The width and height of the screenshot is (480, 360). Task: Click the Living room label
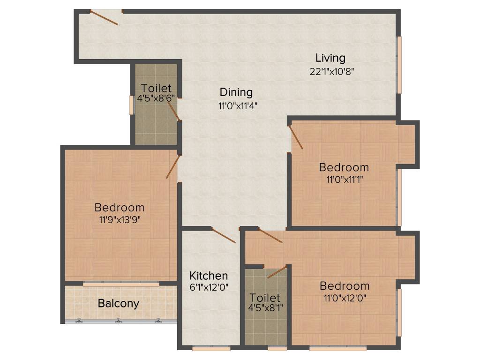tap(330, 58)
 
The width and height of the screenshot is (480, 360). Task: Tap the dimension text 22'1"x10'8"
tap(330, 72)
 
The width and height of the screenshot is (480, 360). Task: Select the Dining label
tap(236, 92)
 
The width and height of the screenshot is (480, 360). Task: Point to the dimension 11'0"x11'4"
tap(238, 105)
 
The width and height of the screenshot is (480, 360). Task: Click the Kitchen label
tap(209, 276)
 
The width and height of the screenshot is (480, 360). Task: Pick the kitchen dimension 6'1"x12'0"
tap(209, 287)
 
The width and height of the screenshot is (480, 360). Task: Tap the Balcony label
tap(119, 303)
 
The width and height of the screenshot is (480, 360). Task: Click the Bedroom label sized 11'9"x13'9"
tap(120, 207)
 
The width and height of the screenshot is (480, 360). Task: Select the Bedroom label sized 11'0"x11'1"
tap(344, 167)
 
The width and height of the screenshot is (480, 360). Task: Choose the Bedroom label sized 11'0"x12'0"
tap(345, 285)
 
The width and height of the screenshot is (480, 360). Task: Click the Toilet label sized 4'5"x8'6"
tap(156, 88)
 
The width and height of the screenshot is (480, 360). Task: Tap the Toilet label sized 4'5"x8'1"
tap(265, 298)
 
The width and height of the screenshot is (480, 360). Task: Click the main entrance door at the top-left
tap(104, 17)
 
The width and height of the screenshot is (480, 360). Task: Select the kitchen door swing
tap(223, 235)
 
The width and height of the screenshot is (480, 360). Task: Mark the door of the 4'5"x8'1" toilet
tap(277, 271)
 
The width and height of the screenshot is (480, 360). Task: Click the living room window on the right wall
tap(399, 65)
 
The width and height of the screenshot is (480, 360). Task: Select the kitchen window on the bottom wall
tap(204, 348)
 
